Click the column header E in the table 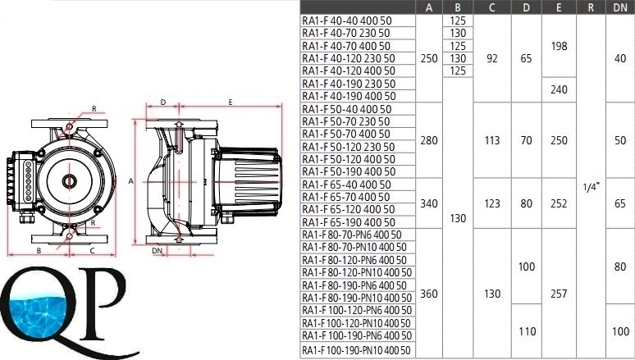[559, 7]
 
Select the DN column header [620, 7]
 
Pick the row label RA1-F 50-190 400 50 [349, 171]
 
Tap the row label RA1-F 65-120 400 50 [349, 209]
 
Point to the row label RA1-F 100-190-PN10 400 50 [356, 350]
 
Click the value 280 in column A [429, 140]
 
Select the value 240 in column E [559, 89]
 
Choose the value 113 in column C [492, 140]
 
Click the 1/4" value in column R [591, 187]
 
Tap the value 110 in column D [527, 331]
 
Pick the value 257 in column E [559, 294]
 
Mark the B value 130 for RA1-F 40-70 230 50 [458, 33]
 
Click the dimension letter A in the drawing [130, 181]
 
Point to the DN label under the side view [158, 251]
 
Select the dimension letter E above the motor [231, 102]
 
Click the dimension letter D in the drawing [163, 102]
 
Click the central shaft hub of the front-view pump [69, 181]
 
